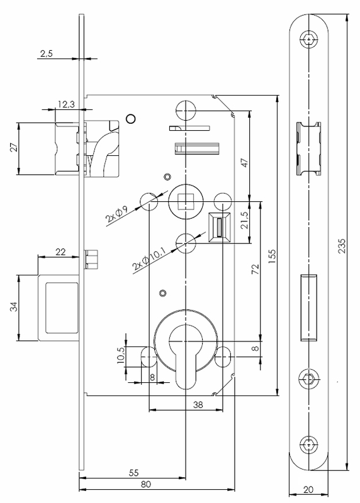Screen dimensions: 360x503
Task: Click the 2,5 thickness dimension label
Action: (46, 53)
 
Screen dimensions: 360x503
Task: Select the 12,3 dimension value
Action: (66, 104)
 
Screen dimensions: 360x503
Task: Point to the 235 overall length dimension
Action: (342, 246)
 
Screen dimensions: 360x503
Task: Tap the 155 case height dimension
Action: (272, 257)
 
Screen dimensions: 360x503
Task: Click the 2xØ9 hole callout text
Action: (117, 214)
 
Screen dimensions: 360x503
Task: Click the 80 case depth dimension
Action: (146, 484)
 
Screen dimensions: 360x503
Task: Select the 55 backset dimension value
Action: (133, 473)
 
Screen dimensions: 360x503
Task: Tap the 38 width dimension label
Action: (198, 404)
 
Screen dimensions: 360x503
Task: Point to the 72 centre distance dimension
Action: (256, 269)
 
